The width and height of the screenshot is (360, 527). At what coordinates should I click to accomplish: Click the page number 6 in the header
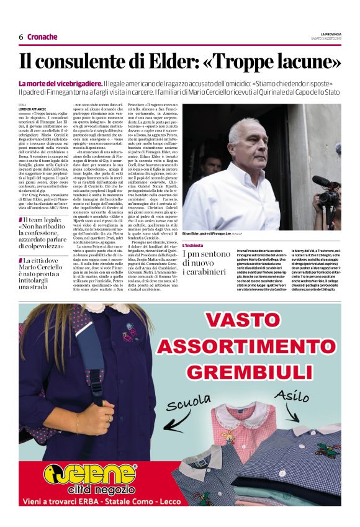(21, 37)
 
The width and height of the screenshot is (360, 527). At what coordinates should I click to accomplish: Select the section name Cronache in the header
(42, 37)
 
